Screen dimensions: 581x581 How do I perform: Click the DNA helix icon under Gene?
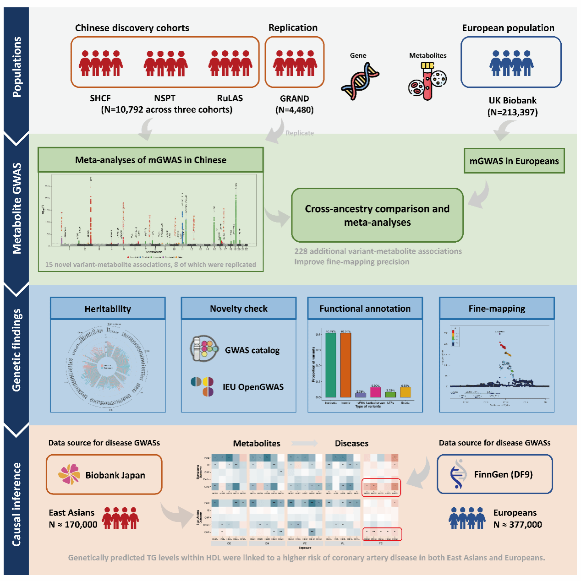tap(360, 81)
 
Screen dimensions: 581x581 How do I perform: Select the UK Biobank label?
tap(512, 100)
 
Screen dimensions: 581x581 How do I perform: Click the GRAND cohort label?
tap(294, 98)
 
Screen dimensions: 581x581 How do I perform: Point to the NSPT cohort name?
tap(164, 98)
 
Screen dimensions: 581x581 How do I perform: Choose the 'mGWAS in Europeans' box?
tap(514, 161)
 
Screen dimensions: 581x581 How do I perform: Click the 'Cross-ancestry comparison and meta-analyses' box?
tap(377, 215)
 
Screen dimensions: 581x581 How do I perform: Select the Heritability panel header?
tap(108, 309)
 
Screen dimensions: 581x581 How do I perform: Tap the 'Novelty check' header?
tap(239, 309)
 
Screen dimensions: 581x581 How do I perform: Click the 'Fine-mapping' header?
tap(497, 309)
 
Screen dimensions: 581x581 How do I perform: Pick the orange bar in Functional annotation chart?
tap(345, 364)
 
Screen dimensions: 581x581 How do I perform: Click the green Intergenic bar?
tap(330, 364)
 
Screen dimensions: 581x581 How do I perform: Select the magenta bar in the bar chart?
tap(375, 392)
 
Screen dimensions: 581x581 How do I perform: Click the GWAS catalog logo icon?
tap(204, 349)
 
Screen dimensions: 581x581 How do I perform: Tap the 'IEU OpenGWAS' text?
tap(253, 387)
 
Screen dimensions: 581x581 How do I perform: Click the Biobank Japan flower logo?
tap(69, 474)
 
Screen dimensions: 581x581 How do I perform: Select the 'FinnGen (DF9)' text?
tap(503, 474)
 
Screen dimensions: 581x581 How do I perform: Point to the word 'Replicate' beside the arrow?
tap(300, 133)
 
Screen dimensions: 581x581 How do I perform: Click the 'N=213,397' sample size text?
tap(512, 112)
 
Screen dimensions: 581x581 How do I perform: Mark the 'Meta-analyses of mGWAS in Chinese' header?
tap(151, 160)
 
